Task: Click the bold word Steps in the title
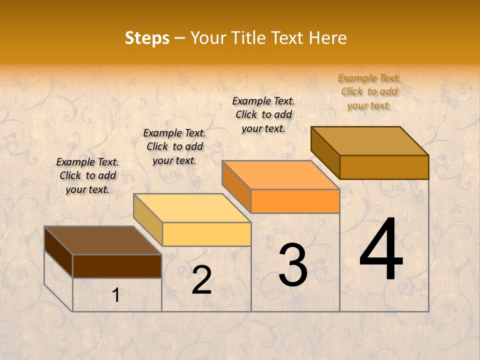147,38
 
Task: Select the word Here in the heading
327,38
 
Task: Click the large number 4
381,250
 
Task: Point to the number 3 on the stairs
293,265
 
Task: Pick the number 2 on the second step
201,280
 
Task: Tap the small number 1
116,295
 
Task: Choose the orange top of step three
280,175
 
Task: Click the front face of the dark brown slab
117,266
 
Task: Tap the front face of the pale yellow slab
206,234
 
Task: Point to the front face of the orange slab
295,201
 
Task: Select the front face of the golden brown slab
384,167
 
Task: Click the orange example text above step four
369,91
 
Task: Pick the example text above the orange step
263,114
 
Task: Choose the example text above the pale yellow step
174,146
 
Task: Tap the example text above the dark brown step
87,175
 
